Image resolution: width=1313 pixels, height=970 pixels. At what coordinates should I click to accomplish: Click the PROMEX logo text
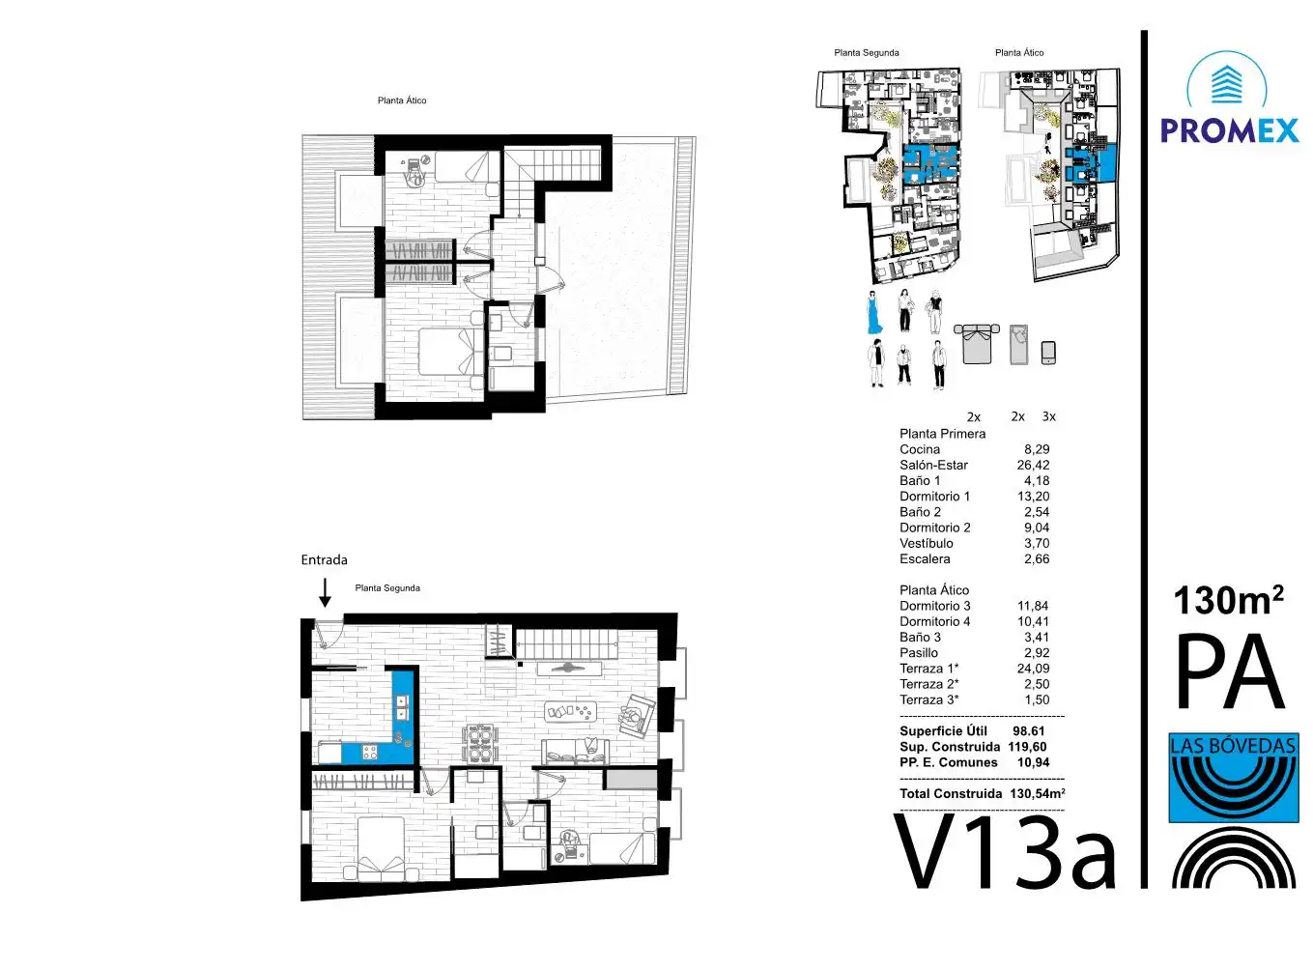pyautogui.click(x=1229, y=130)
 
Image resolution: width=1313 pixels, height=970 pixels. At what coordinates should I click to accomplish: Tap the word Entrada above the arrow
pyautogui.click(x=324, y=559)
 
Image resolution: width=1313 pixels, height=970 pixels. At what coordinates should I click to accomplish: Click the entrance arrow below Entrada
pyautogui.click(x=325, y=592)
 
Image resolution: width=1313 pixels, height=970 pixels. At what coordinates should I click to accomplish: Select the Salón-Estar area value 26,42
pyautogui.click(x=1033, y=465)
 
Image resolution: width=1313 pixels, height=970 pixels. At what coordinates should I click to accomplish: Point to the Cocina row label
pyautogui.click(x=920, y=449)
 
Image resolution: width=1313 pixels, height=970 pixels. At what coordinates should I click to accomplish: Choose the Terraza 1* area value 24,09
pyautogui.click(x=1033, y=668)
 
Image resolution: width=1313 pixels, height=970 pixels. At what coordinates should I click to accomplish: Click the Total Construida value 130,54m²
pyautogui.click(x=1038, y=793)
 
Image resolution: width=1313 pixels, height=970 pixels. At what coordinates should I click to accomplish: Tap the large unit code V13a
pyautogui.click(x=1005, y=853)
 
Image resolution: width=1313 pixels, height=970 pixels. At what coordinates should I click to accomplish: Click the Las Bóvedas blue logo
pyautogui.click(x=1234, y=778)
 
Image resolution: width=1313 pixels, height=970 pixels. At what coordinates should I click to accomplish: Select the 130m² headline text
pyautogui.click(x=1228, y=601)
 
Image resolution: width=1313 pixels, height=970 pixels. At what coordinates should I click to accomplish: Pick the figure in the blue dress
pyautogui.click(x=873, y=313)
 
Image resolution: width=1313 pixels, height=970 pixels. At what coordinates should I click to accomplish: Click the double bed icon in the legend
pyautogui.click(x=977, y=344)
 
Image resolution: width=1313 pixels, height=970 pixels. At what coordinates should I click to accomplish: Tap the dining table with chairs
pyautogui.click(x=479, y=743)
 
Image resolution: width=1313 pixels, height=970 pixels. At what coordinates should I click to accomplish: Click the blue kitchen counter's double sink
pyautogui.click(x=403, y=707)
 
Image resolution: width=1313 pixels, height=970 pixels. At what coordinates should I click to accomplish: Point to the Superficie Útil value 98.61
pyautogui.click(x=1029, y=730)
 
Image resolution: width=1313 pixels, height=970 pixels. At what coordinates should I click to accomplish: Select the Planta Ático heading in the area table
pyautogui.click(x=934, y=589)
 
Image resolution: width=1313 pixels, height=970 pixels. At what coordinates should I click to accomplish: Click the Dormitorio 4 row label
pyautogui.click(x=934, y=621)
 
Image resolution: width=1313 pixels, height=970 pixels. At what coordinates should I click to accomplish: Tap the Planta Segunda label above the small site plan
pyautogui.click(x=867, y=53)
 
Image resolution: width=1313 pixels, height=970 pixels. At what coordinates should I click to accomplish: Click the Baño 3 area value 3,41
pyautogui.click(x=1037, y=638)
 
